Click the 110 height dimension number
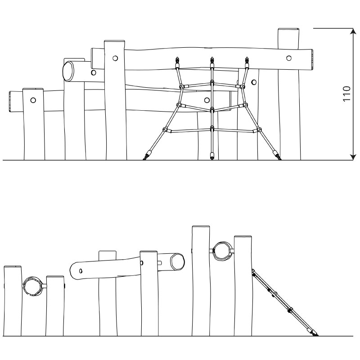[x=346, y=94]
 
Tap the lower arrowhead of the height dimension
[x=353, y=157]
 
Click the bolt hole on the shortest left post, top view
[x=33, y=100]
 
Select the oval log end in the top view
[x=68, y=71]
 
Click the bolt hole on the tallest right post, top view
[x=289, y=58]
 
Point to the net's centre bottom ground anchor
[x=211, y=156]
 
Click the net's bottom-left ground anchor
[x=147, y=155]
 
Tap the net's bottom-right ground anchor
[x=276, y=155]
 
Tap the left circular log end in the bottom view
[x=33, y=286]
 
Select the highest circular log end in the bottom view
[x=222, y=251]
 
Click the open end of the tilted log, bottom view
[x=177, y=261]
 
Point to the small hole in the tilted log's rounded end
[x=81, y=271]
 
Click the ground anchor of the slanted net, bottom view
[x=314, y=333]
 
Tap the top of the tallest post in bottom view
[x=201, y=227]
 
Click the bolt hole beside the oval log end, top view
[x=94, y=72]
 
